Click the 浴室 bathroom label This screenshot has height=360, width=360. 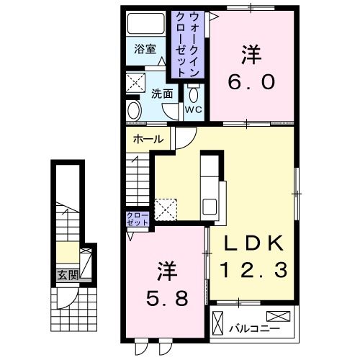(x=145, y=50)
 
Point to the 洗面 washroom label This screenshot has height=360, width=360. (x=162, y=93)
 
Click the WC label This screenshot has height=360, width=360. (x=193, y=109)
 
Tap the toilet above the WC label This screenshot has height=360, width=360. (x=193, y=95)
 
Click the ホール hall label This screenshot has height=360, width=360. (x=148, y=140)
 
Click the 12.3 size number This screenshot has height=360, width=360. (x=255, y=270)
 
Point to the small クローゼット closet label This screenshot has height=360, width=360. (x=137, y=220)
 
